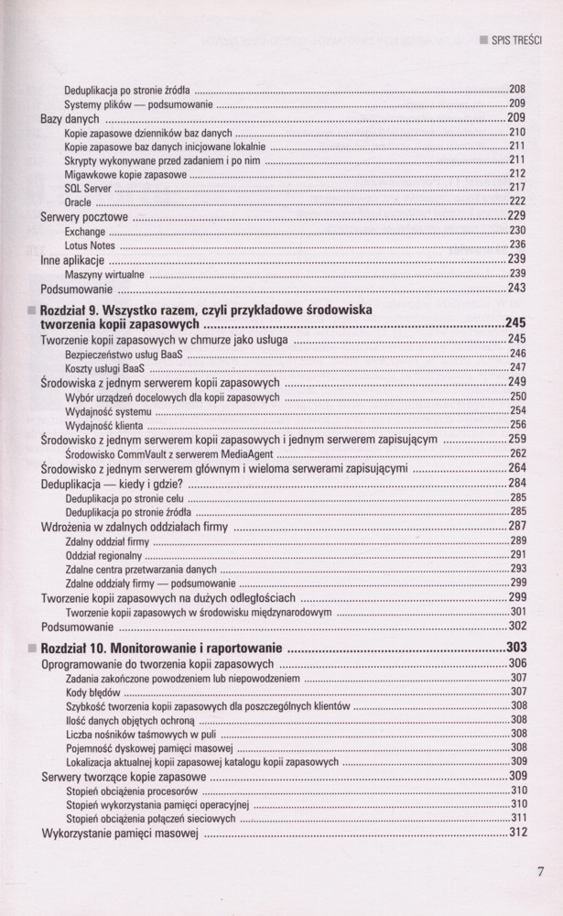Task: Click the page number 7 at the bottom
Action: point(541,871)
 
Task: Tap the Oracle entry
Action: point(78,202)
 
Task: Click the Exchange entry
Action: point(85,232)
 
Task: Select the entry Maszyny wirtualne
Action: point(104,274)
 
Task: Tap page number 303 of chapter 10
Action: point(516,649)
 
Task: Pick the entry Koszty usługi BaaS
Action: point(105,367)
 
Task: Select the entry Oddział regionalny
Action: point(105,554)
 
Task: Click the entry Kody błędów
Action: point(87,692)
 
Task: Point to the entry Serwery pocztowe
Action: point(84,217)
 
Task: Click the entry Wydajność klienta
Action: point(103,424)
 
